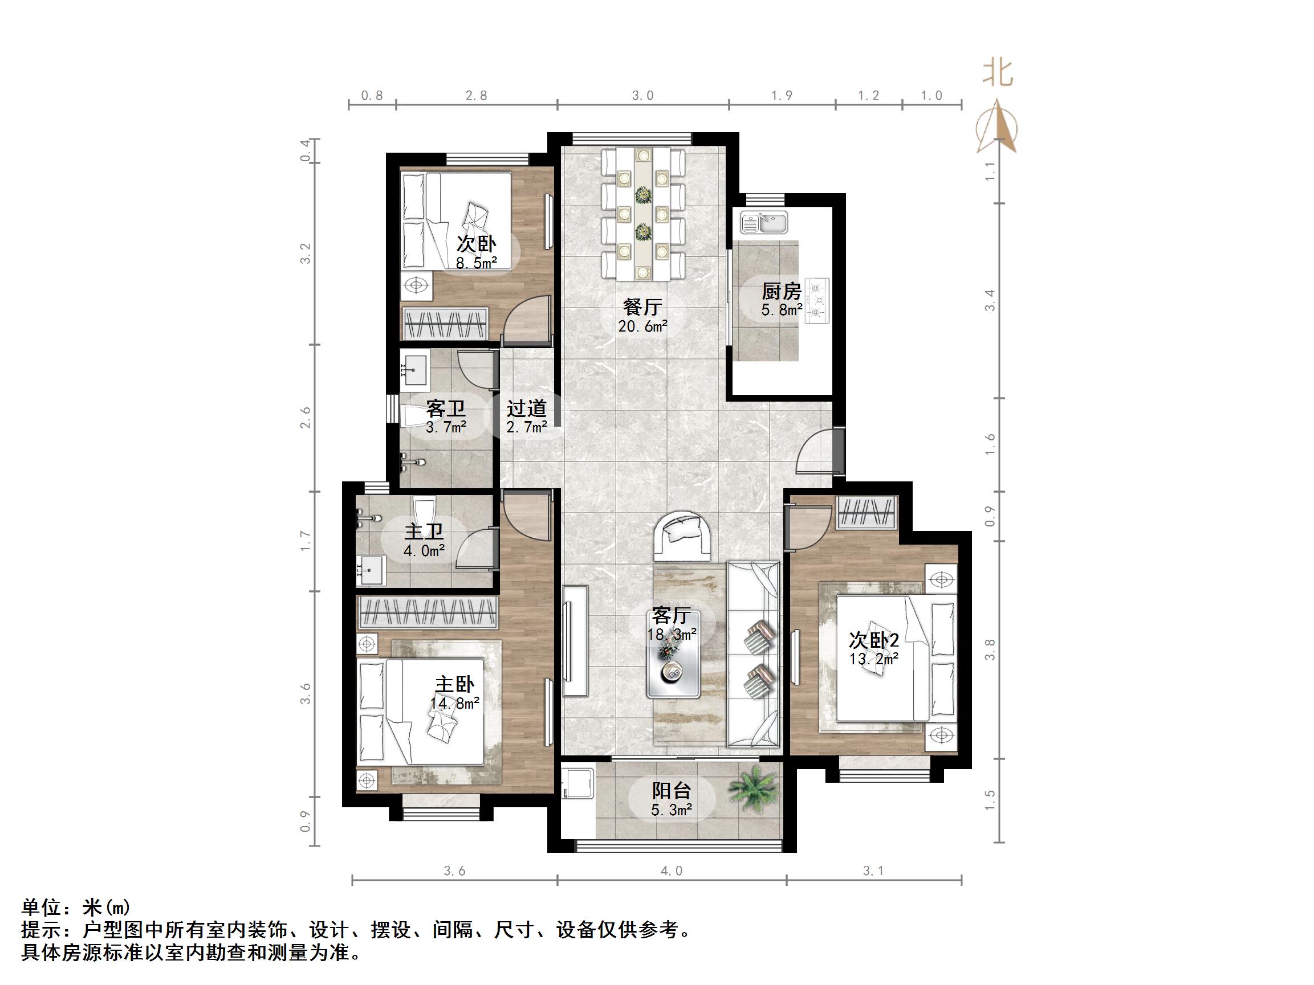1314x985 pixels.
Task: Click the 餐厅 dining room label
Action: pyautogui.click(x=642, y=315)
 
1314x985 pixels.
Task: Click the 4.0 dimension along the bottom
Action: pyautogui.click(x=672, y=871)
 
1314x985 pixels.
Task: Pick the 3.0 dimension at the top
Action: pyautogui.click(x=642, y=96)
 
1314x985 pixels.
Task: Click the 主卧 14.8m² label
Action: pyautogui.click(x=455, y=693)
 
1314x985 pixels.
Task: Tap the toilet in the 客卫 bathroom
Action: pyautogui.click(x=413, y=416)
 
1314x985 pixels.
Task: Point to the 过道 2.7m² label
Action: pyautogui.click(x=526, y=417)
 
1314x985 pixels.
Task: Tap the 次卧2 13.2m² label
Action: pyautogui.click(x=873, y=648)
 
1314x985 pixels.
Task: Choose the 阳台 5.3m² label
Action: pyautogui.click(x=672, y=799)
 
